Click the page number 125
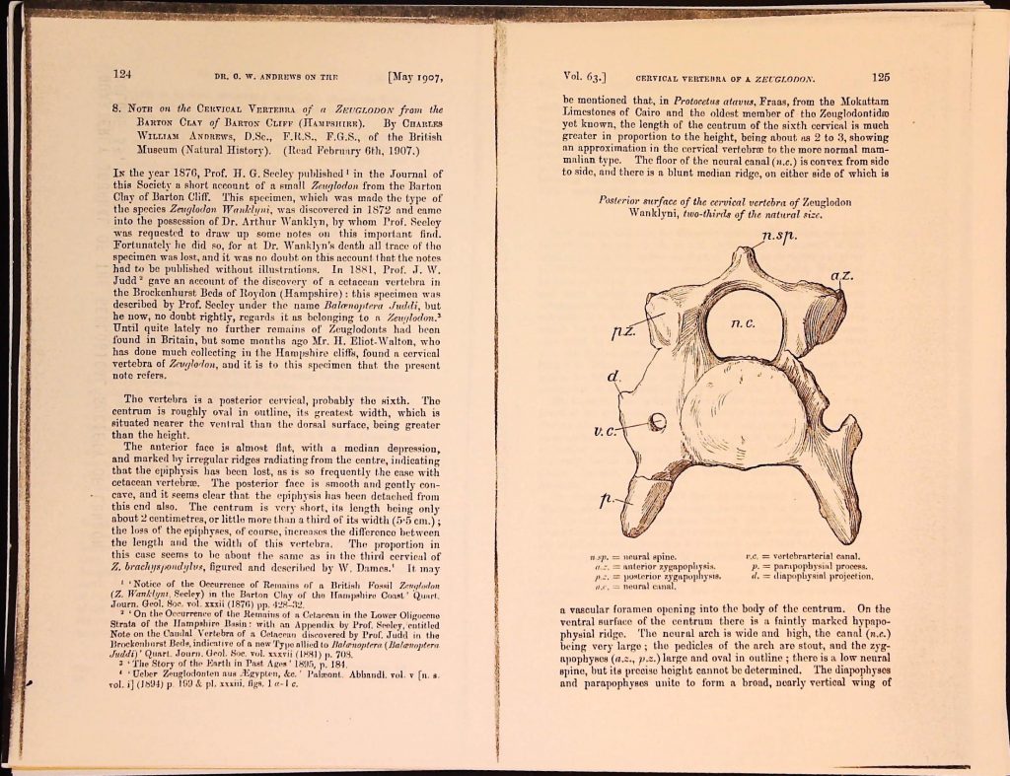click(x=881, y=75)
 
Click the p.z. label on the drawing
click(x=623, y=335)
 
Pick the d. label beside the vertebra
click(x=613, y=378)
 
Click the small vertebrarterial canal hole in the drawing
click(x=659, y=422)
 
